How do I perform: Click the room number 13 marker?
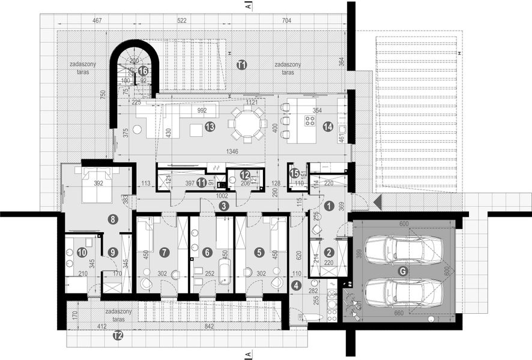pyautogui.click(x=210, y=127)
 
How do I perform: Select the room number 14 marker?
pyautogui.click(x=328, y=127)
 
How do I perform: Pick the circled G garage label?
pyautogui.click(x=403, y=271)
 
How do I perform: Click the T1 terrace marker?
pyautogui.click(x=241, y=65)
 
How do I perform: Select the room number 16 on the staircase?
pyautogui.click(x=143, y=71)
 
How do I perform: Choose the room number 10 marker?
pyautogui.click(x=82, y=253)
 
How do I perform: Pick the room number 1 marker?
pyautogui.click(x=328, y=205)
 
